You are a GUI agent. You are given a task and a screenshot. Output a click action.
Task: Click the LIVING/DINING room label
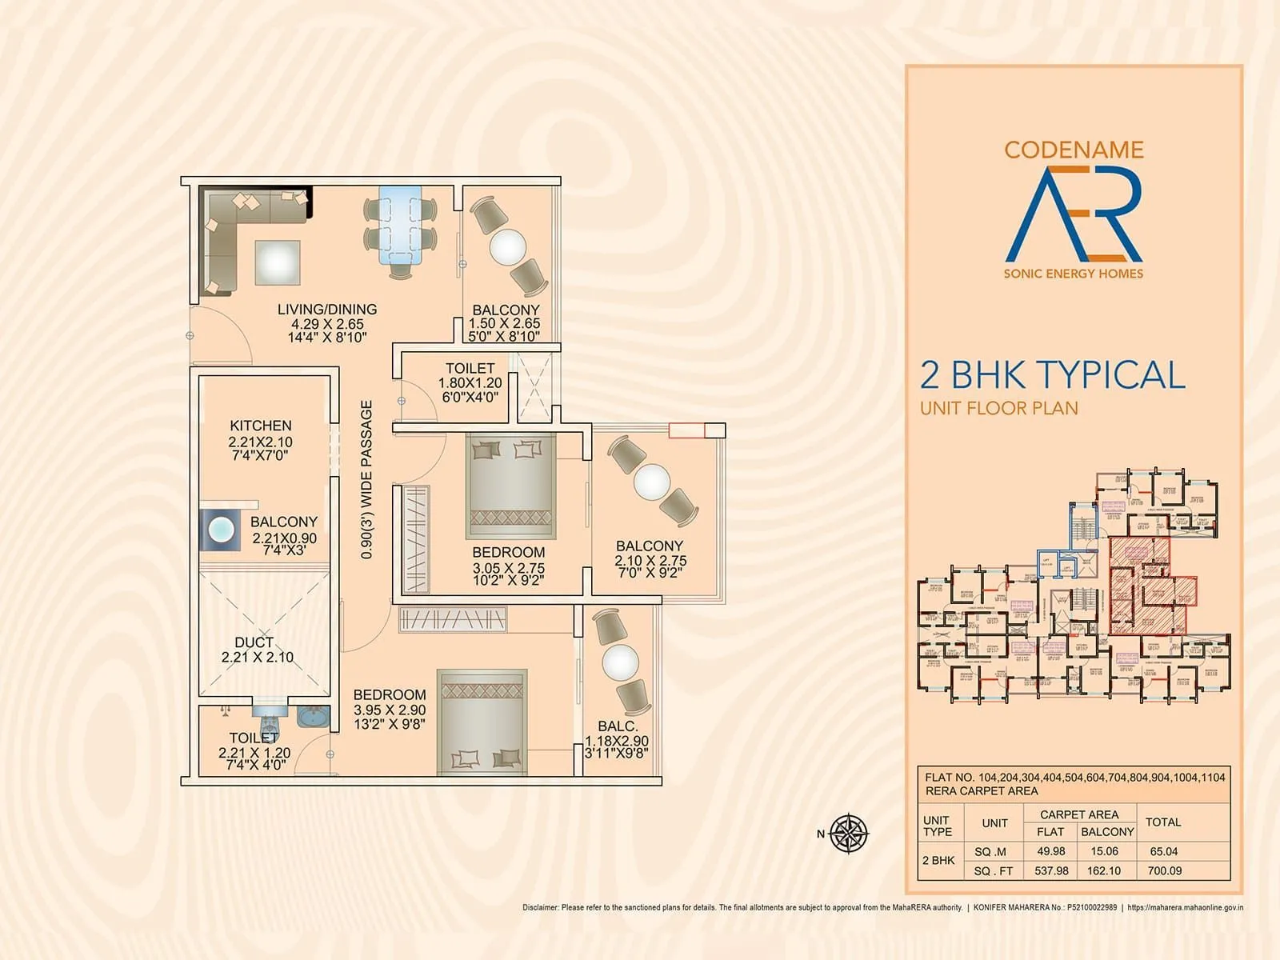pyautogui.click(x=327, y=309)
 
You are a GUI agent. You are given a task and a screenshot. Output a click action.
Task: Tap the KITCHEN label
pyautogui.click(x=261, y=426)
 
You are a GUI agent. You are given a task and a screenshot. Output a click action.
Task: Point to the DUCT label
pyautogui.click(x=254, y=642)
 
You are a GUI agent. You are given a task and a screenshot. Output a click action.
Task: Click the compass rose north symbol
pyautogui.click(x=848, y=834)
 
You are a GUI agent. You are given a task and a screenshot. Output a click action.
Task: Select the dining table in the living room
pyautogui.click(x=400, y=225)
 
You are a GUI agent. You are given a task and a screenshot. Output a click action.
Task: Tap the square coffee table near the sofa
pyautogui.click(x=278, y=262)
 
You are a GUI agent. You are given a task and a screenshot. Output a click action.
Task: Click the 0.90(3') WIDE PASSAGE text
pyautogui.click(x=366, y=479)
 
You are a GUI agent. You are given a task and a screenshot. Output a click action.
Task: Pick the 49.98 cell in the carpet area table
pyautogui.click(x=1050, y=851)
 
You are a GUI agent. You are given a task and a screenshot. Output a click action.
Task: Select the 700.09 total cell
pyautogui.click(x=1164, y=870)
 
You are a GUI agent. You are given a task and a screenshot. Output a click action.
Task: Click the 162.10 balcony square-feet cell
pyautogui.click(x=1104, y=870)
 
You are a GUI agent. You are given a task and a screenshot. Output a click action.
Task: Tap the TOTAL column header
pyautogui.click(x=1163, y=822)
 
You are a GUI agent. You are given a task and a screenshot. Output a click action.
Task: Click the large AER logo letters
pyautogui.click(x=1074, y=214)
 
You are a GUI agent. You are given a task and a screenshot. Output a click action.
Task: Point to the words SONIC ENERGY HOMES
pyautogui.click(x=1074, y=274)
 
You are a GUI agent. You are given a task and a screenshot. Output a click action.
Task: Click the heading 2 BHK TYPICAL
pyautogui.click(x=1052, y=375)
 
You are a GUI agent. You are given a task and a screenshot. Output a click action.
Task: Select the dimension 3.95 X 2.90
pyautogui.click(x=390, y=710)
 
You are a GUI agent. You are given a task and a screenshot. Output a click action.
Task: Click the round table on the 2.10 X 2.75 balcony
pyautogui.click(x=651, y=482)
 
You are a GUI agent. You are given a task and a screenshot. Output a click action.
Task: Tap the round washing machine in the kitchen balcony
pyautogui.click(x=220, y=530)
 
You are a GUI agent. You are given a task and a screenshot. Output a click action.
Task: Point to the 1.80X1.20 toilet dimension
pyautogui.click(x=470, y=383)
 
